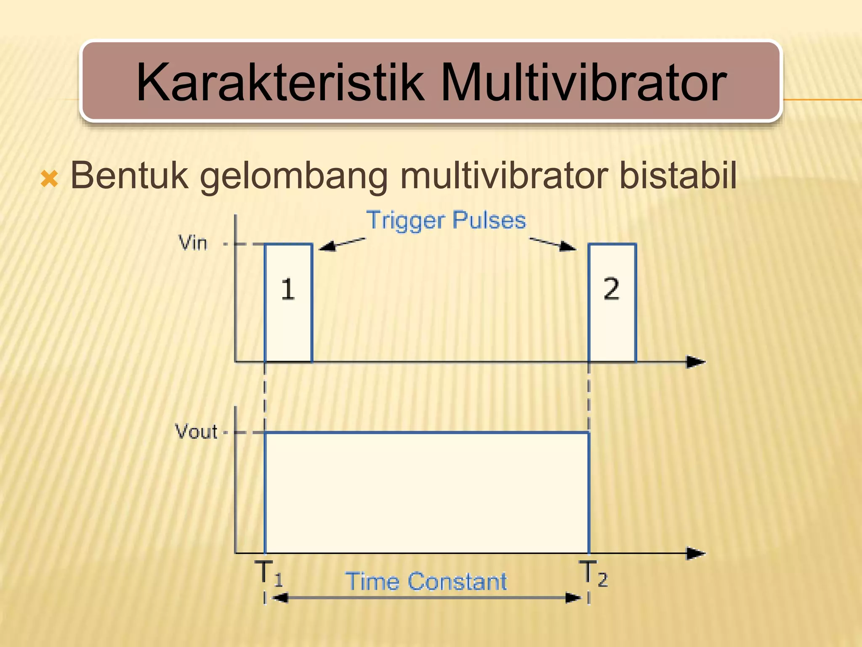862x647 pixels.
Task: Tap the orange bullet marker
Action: tap(49, 179)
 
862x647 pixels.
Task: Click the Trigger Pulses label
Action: tap(446, 220)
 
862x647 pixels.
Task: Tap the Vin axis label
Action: tap(193, 243)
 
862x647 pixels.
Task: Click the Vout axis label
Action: tap(196, 432)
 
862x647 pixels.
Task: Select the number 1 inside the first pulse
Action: tap(288, 289)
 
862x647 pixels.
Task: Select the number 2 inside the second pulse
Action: tap(611, 289)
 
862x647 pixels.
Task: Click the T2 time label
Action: tap(593, 573)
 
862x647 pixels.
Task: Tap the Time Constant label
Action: tap(426, 581)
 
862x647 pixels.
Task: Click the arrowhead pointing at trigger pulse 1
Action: tap(327, 246)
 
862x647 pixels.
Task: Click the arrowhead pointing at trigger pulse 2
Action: tap(569, 246)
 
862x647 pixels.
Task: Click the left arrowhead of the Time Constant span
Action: tap(280, 598)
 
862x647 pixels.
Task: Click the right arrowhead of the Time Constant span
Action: tap(573, 598)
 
